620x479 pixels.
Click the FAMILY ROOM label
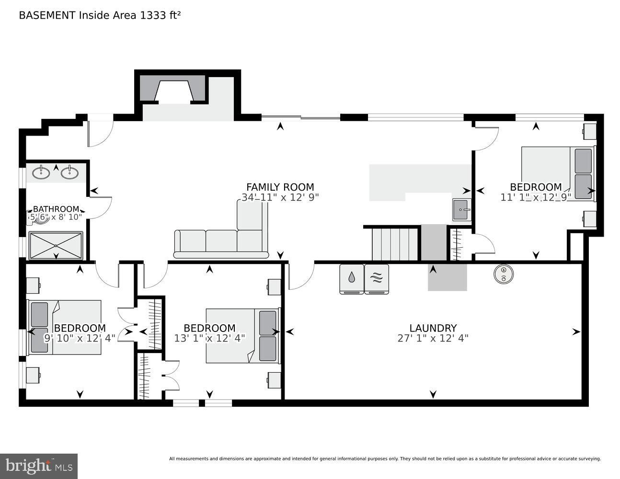click(x=280, y=187)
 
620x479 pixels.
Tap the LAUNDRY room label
click(x=433, y=328)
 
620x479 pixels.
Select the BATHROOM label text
click(x=56, y=209)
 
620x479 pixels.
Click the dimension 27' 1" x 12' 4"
click(x=433, y=338)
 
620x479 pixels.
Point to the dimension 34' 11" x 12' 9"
click(x=280, y=197)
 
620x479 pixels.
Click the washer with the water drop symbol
click(x=352, y=279)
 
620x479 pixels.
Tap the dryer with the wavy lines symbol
click(x=377, y=279)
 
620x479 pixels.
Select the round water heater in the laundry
click(x=504, y=274)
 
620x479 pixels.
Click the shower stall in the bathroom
click(x=56, y=246)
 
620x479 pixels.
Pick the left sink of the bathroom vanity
click(x=41, y=172)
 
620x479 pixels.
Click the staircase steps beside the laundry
click(x=395, y=244)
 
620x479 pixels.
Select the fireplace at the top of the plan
click(x=174, y=91)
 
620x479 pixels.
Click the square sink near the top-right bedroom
click(x=462, y=210)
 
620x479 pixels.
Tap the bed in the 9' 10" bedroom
click(x=65, y=327)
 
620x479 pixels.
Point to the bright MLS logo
click(x=39, y=466)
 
